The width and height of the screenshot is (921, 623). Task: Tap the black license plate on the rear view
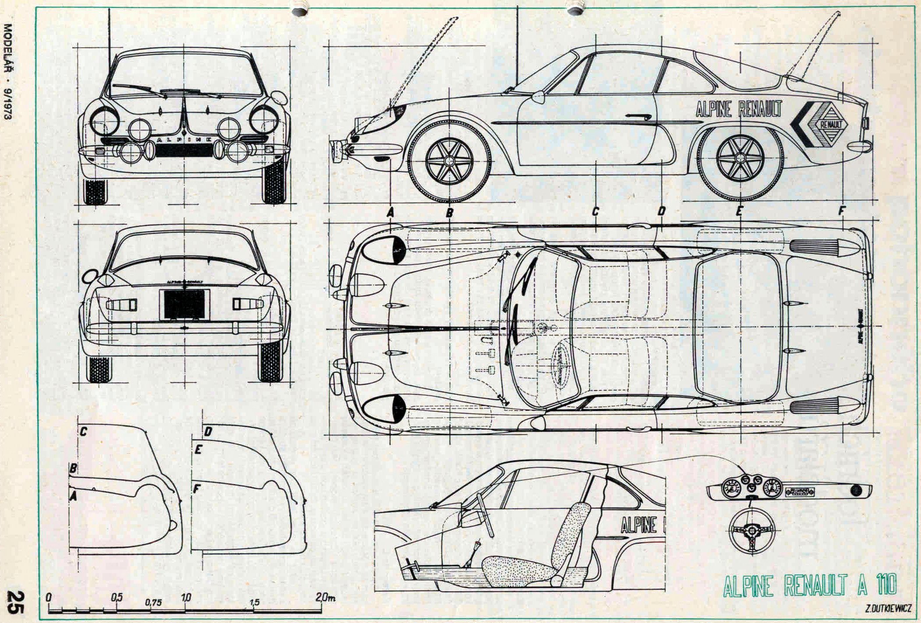(x=184, y=304)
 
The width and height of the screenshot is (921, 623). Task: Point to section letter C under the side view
(x=596, y=212)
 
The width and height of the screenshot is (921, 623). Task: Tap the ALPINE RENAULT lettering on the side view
(x=739, y=109)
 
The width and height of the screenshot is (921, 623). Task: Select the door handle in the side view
(x=639, y=116)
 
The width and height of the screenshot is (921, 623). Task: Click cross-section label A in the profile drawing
(x=73, y=495)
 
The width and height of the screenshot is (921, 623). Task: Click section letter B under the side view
(x=449, y=213)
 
